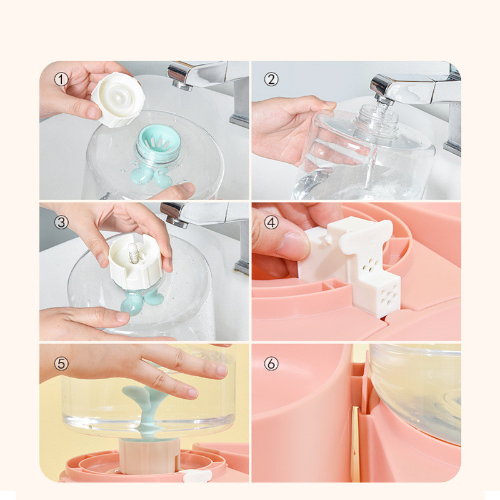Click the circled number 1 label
61,79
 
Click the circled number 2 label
271,79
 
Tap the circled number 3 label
61,222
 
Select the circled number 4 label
271,222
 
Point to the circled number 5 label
61,363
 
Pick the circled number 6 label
271,363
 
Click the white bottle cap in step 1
117,99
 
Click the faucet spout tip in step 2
384,100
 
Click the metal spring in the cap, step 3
134,253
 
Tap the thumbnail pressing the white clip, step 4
292,246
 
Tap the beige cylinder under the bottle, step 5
149,456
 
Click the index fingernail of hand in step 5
193,393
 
